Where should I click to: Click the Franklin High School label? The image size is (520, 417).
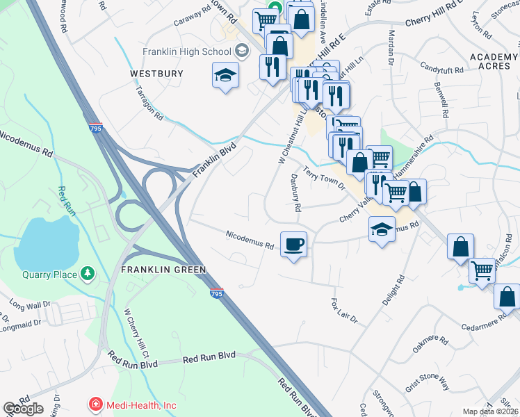click(x=186, y=51)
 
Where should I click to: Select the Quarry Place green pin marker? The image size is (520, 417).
click(x=88, y=274)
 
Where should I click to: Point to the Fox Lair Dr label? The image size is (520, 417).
click(x=343, y=312)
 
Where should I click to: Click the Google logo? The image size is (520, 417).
click(x=23, y=409)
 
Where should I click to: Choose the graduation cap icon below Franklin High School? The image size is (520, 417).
click(x=225, y=74)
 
